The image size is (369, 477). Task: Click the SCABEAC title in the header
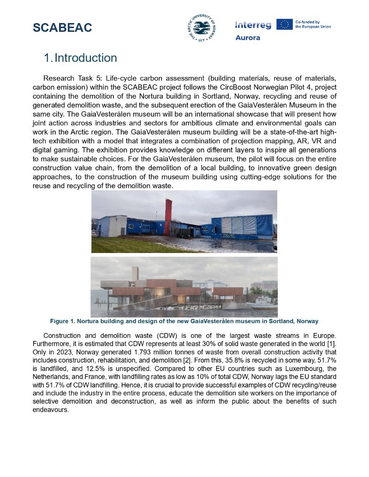tap(62, 28)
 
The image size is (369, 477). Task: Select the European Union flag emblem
tap(284, 24)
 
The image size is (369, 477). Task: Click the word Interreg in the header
tap(253, 25)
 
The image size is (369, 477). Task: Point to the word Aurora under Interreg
tap(248, 38)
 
